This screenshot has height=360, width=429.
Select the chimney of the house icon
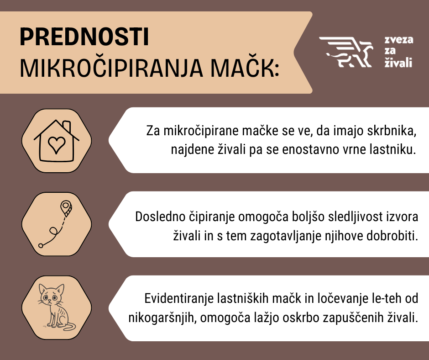pyautogui.click(x=67, y=126)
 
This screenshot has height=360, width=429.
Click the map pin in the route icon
pyautogui.click(x=67, y=206)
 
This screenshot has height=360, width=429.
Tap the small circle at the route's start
pyautogui.click(x=41, y=246)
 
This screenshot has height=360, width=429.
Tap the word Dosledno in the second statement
pyautogui.click(x=155, y=216)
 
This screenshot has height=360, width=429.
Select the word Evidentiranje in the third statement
pyautogui.click(x=174, y=299)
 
